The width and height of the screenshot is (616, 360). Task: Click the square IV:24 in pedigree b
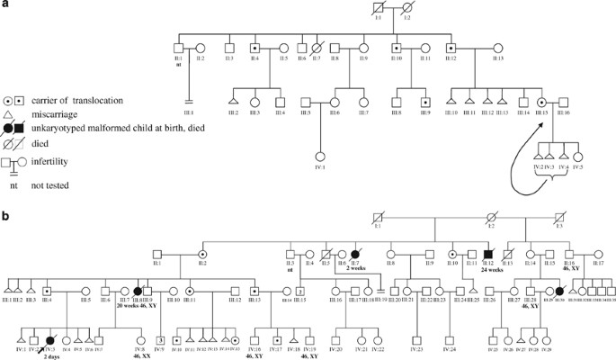click(x=423, y=340)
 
